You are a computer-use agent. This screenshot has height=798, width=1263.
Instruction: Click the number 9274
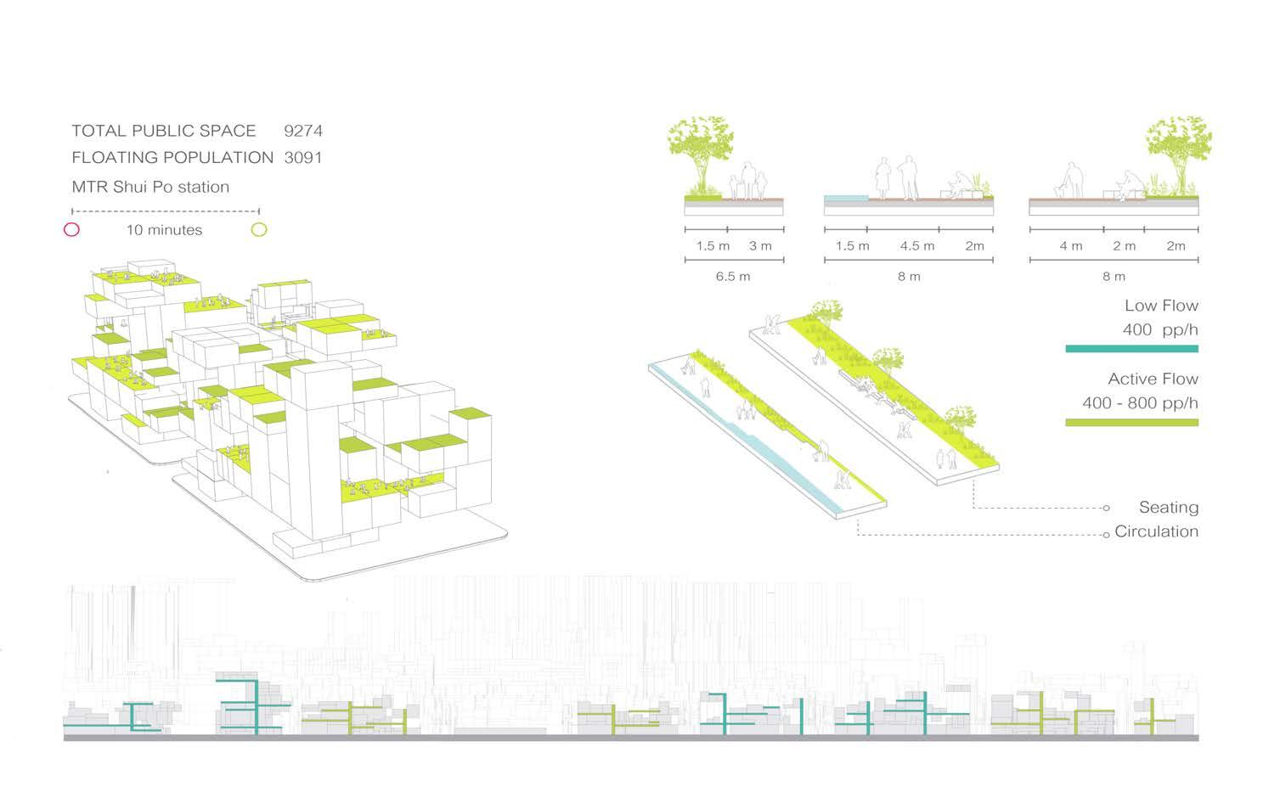303,131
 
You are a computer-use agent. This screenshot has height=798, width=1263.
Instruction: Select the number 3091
303,158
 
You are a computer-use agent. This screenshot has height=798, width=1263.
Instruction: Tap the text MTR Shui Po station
150,187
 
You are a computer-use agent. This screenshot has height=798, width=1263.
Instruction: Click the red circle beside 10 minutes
72,229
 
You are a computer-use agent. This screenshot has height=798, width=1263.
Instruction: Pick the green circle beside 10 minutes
259,229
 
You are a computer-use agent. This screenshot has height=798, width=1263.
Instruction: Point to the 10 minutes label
164,229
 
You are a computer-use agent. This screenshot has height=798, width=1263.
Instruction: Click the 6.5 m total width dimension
733,276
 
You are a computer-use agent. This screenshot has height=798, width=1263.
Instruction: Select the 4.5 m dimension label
916,245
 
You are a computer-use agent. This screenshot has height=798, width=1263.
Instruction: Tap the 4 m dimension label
1071,245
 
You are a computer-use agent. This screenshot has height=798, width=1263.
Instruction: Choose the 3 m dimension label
760,245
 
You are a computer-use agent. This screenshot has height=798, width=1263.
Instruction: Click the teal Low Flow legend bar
1131,348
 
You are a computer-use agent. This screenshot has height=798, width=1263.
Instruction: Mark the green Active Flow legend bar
1131,422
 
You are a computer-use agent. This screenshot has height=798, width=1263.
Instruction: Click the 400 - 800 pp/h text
1140,402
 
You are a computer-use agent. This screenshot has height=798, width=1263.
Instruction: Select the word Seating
1168,507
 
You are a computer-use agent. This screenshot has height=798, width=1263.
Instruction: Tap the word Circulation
1156,531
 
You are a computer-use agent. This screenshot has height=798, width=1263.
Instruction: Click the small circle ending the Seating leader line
1106,508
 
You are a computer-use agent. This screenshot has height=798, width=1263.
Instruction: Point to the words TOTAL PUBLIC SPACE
163,131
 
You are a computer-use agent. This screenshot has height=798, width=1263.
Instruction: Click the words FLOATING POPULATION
172,158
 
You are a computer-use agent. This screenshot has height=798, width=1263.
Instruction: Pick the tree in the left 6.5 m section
702,153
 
